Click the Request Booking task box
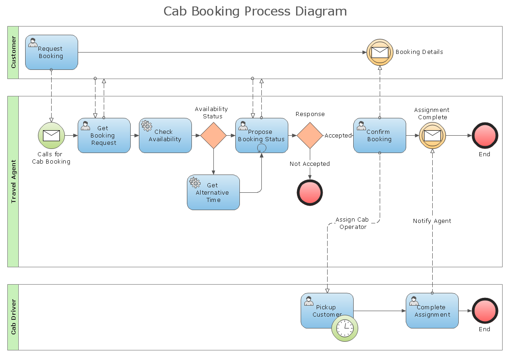pyautogui.click(x=51, y=53)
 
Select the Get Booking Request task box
pyautogui.click(x=104, y=136)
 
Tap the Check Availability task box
pyautogui.click(x=165, y=136)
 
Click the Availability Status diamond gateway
pyautogui.click(x=213, y=136)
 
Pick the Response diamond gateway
pyautogui.click(x=310, y=136)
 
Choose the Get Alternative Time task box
pyautogui.click(x=213, y=192)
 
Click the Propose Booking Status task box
pyautogui.click(x=261, y=136)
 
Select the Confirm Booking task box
pyautogui.click(x=379, y=136)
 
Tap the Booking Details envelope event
pyautogui.click(x=380, y=52)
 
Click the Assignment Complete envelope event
pyautogui.click(x=432, y=136)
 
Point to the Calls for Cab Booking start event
pyautogui.click(x=51, y=136)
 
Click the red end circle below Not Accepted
pyautogui.click(x=310, y=192)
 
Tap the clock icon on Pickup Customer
pyautogui.click(x=345, y=328)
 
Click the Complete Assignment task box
pyautogui.click(x=432, y=311)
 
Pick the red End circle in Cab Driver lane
pyautogui.click(x=484, y=311)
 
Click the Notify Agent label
pyautogui.click(x=432, y=221)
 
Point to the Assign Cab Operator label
pyautogui.click(x=352, y=223)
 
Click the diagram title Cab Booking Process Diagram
pyautogui.click(x=255, y=11)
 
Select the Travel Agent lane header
pyautogui.click(x=13, y=181)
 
